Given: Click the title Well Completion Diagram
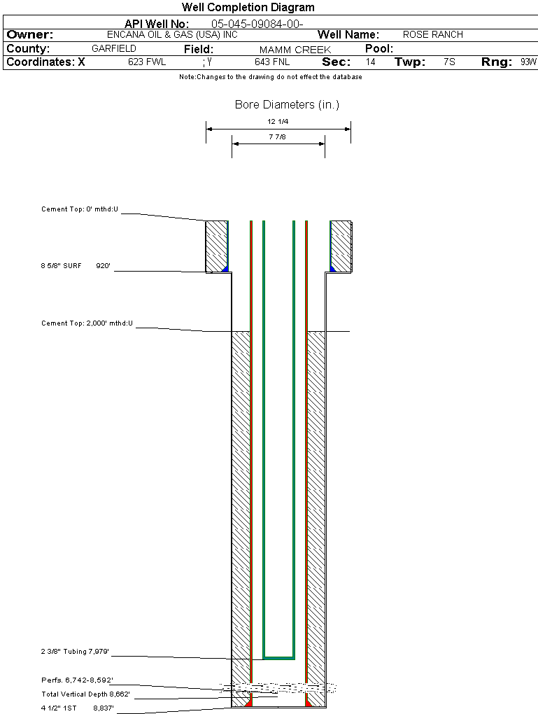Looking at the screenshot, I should pos(248,8).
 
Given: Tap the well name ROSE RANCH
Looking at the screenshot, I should pos(433,34).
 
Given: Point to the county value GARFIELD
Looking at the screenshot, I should pos(114,49).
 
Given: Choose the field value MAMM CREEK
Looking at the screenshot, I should pos(295,50).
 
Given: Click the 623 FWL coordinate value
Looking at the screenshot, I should pos(147,62).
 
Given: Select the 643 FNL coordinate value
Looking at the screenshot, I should pos(272,62).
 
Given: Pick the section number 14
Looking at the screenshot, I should pos(371,62).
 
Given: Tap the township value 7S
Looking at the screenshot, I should pos(449,62).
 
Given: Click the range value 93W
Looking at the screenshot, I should pos(528,62).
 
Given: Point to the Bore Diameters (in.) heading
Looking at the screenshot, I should pos(287,105).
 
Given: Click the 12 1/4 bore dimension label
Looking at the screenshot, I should pos(278,122).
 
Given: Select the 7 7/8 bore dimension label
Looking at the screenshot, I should pos(278,137).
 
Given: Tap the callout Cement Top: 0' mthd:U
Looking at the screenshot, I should pos(80,209).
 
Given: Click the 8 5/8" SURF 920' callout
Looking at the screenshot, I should pos(76,266).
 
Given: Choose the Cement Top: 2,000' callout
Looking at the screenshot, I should pos(87,323).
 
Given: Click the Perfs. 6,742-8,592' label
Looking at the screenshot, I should pos(77,680).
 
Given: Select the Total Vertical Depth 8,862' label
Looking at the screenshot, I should pos(85,694).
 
